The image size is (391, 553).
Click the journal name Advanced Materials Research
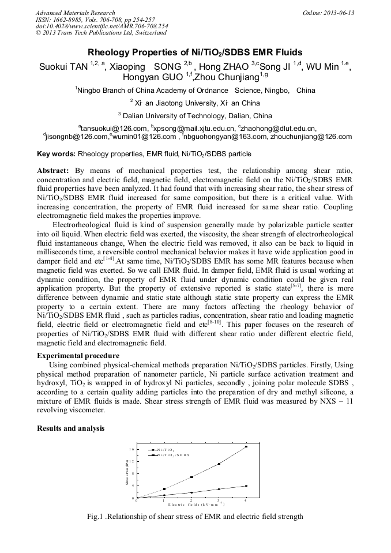75,13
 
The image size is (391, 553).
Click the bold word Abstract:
53,171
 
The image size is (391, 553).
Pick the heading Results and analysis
70,428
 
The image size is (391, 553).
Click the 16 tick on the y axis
131,449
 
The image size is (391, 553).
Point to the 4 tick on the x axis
246,501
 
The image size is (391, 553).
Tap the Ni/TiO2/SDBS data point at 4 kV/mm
246,447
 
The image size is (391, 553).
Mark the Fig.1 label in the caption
96,517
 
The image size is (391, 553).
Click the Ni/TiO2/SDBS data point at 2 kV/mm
191,477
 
